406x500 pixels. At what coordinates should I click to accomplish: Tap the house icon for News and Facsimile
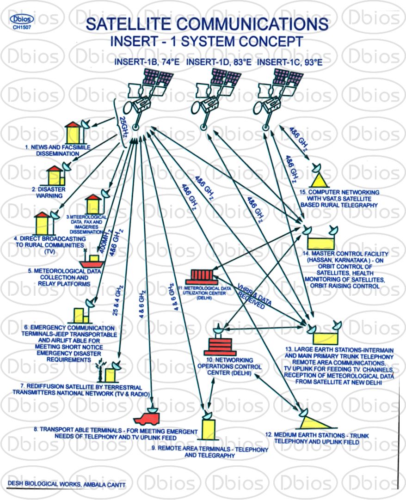[73, 134]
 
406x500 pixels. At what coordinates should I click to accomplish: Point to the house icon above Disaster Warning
[55, 176]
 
